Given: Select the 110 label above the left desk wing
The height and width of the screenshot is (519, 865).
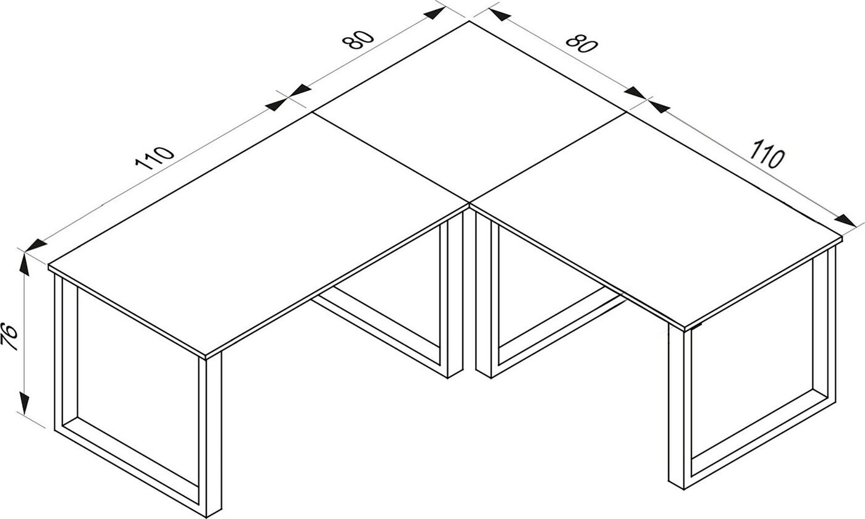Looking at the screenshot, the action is pos(155,158).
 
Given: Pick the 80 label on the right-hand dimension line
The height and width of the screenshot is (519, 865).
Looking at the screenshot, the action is pos(581,44).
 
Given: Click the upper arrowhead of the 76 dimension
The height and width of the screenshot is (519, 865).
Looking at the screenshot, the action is pos(24,264).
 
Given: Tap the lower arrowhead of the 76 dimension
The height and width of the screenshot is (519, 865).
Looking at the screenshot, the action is pos(24,403).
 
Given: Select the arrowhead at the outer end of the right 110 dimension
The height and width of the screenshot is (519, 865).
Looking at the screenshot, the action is pos(845,221).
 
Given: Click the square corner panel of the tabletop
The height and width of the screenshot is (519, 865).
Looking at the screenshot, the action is pos(469,112).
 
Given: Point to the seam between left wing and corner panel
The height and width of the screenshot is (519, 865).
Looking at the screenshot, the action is pos(390,158).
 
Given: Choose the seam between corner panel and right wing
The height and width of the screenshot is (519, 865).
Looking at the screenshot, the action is pos(547,158).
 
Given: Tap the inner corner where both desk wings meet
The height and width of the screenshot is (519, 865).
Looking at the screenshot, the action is pos(469,203).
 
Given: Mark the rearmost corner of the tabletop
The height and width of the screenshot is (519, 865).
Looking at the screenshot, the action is pos(469,22).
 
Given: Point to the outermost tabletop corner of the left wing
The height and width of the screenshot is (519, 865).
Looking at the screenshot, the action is pos(49,265).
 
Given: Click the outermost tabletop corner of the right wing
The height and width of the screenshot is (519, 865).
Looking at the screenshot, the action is pos(842,237).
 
